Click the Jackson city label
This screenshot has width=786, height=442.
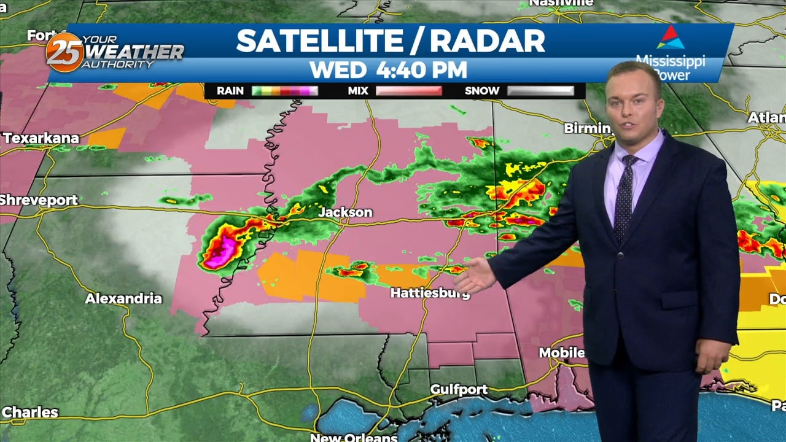tap(345, 212)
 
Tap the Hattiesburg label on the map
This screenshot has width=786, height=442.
tap(430, 293)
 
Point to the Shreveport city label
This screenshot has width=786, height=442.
tap(39, 200)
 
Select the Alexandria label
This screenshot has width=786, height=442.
tap(123, 299)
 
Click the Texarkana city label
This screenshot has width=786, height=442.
tap(41, 138)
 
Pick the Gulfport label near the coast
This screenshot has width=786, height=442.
tap(459, 389)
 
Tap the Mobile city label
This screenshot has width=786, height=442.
tap(561, 352)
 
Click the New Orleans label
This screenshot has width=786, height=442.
tap(353, 437)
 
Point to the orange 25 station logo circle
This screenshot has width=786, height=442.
tap(64, 52)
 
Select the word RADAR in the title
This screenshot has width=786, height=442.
tap(488, 41)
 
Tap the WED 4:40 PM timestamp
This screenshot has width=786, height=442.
tap(388, 69)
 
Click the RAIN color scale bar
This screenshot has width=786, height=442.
tap(285, 91)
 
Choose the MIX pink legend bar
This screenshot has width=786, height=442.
tap(408, 91)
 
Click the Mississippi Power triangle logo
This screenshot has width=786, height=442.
tap(670, 37)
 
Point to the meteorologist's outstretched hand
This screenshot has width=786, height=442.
tap(474, 276)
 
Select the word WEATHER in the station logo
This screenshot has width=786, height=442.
tap(133, 52)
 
